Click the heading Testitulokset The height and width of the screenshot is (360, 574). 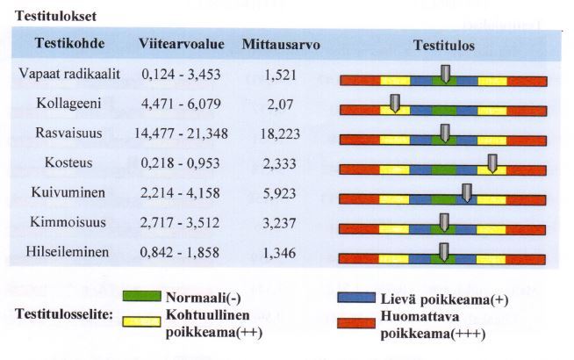click(49, 16)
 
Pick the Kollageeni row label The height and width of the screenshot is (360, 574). click(69, 104)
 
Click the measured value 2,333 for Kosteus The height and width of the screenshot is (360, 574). click(283, 164)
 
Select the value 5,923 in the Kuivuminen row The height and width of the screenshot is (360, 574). click(283, 194)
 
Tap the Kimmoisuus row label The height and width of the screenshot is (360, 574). click(69, 224)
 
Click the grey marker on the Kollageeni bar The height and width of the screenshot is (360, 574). click(394, 104)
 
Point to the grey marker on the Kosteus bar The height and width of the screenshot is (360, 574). click(492, 162)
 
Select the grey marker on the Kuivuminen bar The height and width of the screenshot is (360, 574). click(467, 192)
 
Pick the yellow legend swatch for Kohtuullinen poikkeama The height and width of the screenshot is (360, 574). click(141, 321)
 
